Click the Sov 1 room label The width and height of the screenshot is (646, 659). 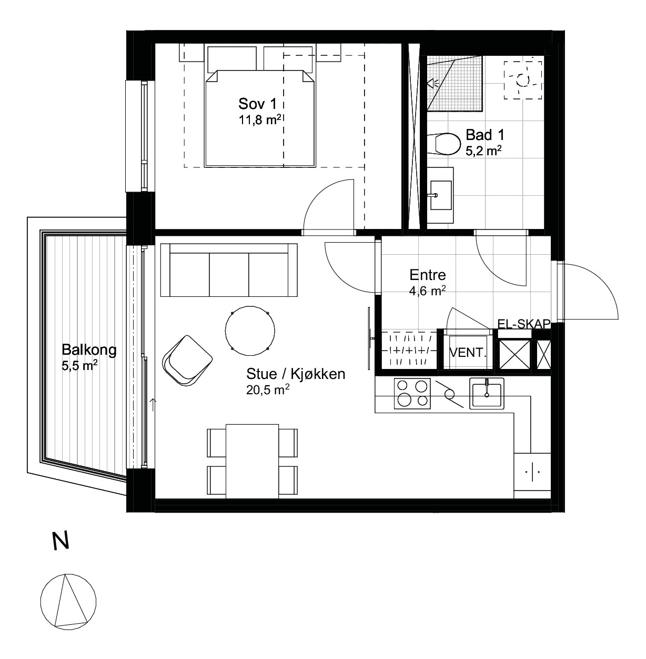[262, 103]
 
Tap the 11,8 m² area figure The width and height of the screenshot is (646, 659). [260, 120]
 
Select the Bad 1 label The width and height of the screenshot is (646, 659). [484, 135]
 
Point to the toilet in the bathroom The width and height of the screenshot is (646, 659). [443, 144]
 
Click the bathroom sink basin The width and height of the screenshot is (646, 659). [441, 195]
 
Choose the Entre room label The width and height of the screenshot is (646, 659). [428, 275]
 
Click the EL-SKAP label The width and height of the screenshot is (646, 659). [523, 324]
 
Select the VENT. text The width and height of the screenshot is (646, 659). [468, 353]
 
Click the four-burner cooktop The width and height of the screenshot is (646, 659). [412, 394]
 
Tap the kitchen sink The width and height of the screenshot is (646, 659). [487, 394]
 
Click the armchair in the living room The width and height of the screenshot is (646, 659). [187, 361]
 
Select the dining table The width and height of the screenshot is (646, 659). [253, 461]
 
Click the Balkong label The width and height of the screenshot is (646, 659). [89, 350]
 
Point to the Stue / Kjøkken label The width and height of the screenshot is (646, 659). [296, 374]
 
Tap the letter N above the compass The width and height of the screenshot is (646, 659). [61, 541]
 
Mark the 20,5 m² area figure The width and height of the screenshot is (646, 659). [268, 390]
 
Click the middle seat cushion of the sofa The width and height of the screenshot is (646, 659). [229, 275]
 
